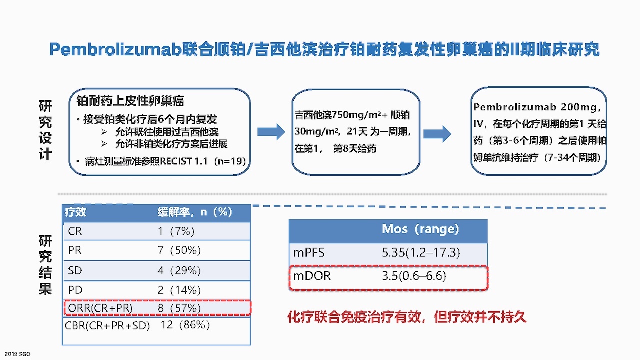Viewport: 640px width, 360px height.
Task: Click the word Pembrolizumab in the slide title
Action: click(x=115, y=49)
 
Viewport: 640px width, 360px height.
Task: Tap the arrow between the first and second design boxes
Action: click(x=271, y=132)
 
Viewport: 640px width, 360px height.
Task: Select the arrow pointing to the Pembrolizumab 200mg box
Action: click(x=437, y=133)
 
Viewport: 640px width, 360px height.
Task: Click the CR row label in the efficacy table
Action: click(x=75, y=231)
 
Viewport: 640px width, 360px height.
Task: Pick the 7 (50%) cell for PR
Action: click(x=179, y=250)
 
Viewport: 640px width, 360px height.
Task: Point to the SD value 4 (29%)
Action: click(x=179, y=270)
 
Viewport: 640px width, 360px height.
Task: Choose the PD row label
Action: click(x=75, y=290)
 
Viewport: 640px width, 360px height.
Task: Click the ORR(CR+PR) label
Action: click(x=100, y=308)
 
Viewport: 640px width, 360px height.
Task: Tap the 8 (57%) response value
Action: click(x=179, y=308)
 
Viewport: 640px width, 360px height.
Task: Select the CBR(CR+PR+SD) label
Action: click(x=107, y=325)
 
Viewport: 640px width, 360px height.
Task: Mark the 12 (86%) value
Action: click(x=185, y=325)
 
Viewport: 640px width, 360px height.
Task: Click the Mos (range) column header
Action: click(x=420, y=229)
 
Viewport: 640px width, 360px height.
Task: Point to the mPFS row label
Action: click(x=309, y=253)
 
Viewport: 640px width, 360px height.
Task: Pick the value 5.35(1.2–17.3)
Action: click(x=421, y=253)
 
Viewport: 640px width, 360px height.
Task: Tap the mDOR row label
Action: click(x=312, y=276)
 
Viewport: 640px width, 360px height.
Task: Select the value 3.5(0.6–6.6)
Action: click(x=414, y=276)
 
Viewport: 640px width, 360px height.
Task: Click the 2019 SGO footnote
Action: click(x=17, y=354)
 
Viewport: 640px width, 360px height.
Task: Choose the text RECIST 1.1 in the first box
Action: click(x=183, y=161)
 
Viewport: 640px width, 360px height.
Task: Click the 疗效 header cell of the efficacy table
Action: click(x=75, y=212)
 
